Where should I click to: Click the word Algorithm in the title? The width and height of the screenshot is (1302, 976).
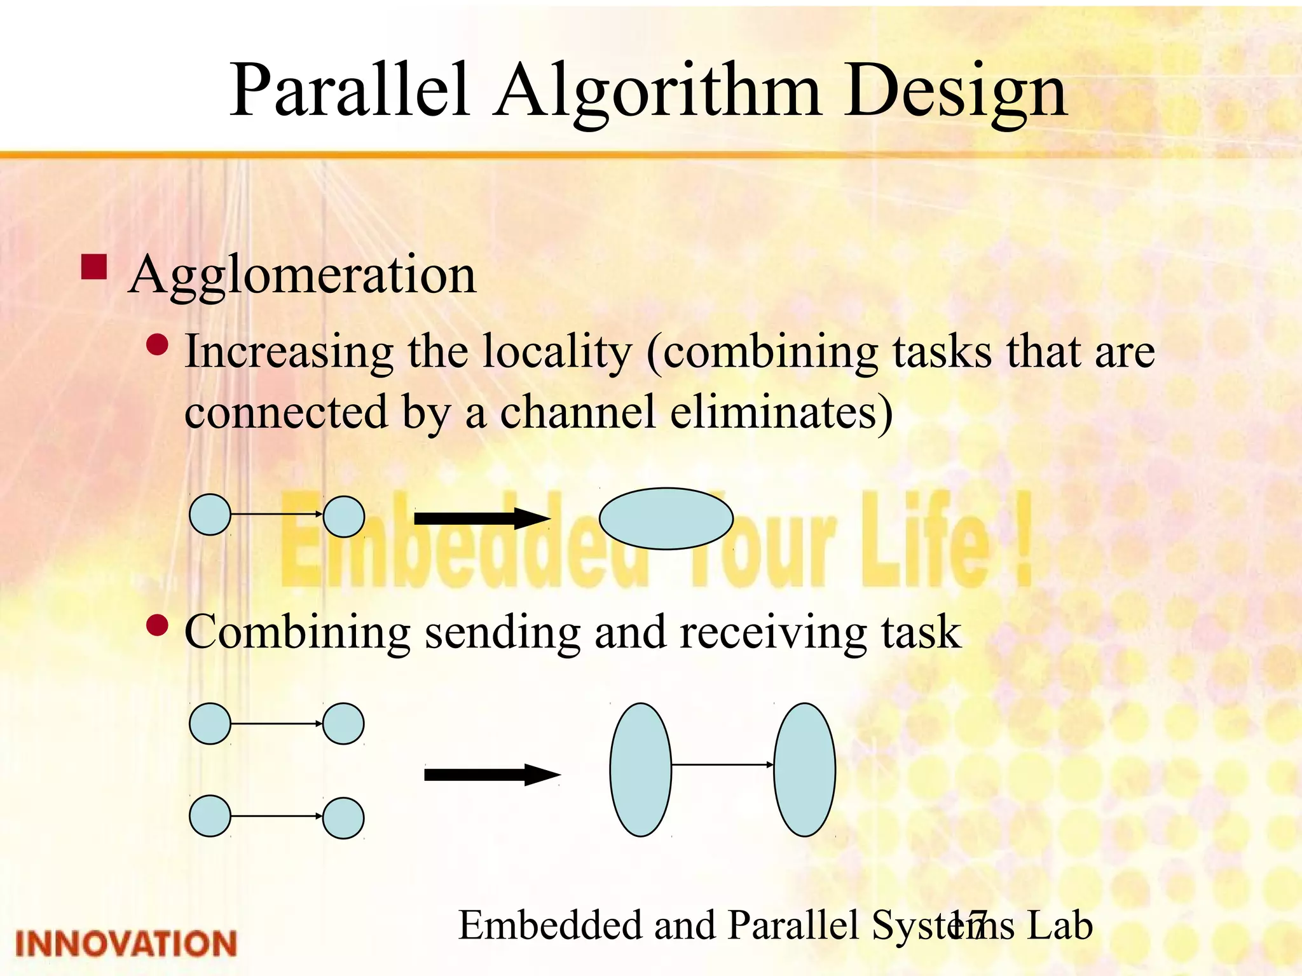pos(658,92)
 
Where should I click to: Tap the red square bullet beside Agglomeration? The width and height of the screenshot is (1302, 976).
pos(94,268)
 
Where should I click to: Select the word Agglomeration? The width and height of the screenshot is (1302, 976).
pos(302,275)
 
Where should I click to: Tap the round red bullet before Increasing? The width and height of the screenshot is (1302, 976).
pos(157,346)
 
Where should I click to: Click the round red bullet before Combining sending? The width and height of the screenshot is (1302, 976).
pos(157,626)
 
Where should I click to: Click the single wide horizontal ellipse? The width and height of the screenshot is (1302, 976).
pos(666,518)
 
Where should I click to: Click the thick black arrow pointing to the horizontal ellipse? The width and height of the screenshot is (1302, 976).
pos(481,518)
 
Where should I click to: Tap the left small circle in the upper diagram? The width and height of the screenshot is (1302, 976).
pos(210,515)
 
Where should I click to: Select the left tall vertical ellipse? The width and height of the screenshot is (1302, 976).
pos(640,769)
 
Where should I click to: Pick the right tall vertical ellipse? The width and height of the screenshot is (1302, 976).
pos(804,769)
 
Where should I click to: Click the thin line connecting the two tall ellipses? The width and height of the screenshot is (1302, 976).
pos(722,764)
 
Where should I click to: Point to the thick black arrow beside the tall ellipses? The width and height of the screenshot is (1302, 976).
pos(491,775)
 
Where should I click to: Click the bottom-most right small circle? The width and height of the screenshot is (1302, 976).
pos(343,818)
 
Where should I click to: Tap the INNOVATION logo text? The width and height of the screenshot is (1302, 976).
pos(126,943)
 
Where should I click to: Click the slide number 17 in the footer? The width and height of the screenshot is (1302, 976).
pos(968,925)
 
